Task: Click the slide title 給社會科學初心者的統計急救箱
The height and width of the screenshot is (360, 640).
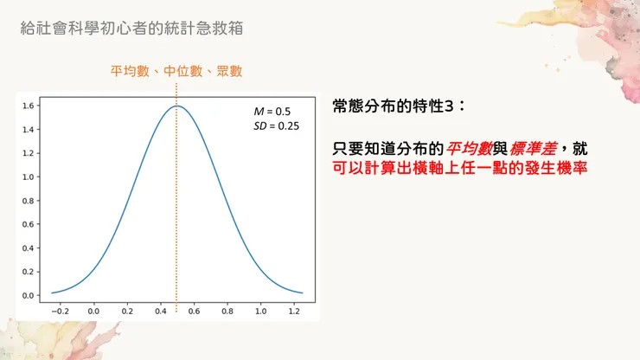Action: click(131, 29)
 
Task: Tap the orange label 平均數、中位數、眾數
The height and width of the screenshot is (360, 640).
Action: click(176, 71)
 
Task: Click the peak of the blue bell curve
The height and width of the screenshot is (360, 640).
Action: click(176, 106)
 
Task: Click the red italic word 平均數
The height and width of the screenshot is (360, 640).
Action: click(470, 147)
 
